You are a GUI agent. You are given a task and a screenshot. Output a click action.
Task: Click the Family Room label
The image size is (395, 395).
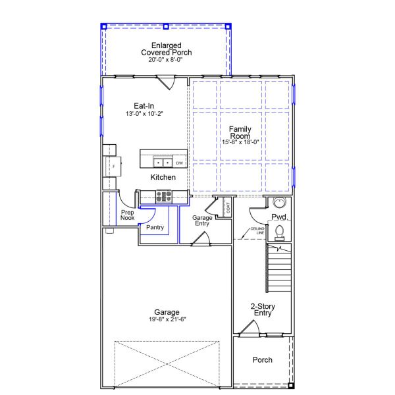tap(240, 132)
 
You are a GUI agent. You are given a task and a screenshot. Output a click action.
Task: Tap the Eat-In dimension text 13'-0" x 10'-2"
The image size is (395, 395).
tap(144, 114)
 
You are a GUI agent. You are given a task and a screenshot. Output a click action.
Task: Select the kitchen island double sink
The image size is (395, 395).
tap(163, 163)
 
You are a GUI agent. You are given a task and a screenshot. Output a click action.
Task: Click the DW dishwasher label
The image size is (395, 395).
tap(179, 163)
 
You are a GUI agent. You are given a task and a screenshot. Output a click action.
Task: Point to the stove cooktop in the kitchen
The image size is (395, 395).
tap(164, 196)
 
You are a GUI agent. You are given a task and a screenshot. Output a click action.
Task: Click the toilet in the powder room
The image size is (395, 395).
tap(279, 233)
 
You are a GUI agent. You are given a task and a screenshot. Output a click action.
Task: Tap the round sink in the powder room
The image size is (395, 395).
tap(279, 203)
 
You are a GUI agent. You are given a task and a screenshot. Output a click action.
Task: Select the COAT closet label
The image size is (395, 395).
tap(228, 208)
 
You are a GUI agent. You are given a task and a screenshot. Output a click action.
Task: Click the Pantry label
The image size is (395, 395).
tap(155, 227)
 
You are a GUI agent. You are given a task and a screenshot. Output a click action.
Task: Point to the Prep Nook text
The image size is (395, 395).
tap(127, 215)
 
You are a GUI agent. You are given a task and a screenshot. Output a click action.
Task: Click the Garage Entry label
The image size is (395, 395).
tap(202, 221)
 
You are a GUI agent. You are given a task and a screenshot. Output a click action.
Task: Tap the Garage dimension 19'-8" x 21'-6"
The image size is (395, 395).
tap(167, 319)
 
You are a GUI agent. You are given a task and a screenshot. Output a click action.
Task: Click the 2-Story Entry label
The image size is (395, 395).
tap(263, 309)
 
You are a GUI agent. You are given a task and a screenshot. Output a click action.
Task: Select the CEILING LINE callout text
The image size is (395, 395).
tap(257, 231)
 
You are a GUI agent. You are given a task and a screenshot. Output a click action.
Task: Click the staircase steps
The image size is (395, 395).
tap(279, 268)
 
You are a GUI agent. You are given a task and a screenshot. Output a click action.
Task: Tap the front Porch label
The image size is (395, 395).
tap(263, 359)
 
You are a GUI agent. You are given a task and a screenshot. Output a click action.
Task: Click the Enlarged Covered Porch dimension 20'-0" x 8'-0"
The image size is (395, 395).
tap(165, 60)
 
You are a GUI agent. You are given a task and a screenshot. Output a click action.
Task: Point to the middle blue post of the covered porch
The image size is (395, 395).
tap(166, 26)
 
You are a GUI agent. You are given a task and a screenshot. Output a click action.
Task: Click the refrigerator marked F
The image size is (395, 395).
tap(113, 167)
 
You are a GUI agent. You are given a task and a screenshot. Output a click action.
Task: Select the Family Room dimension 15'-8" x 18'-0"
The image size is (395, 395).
tap(240, 142)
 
